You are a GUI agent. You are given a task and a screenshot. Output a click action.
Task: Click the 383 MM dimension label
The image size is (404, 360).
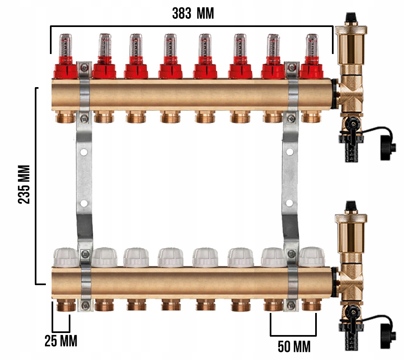point(193,13)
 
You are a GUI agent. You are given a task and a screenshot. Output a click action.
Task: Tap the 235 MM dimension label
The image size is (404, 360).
point(24,184)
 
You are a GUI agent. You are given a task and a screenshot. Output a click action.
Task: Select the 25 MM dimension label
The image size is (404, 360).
point(61,341)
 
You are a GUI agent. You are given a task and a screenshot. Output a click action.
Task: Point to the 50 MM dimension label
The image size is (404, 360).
point(294,346)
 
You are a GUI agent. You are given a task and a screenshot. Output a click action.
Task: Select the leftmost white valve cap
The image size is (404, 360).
point(66,257)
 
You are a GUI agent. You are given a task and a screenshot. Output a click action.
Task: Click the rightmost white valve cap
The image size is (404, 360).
point(312,257)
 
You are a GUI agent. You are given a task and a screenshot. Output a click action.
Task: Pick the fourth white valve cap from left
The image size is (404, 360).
point(171,257)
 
